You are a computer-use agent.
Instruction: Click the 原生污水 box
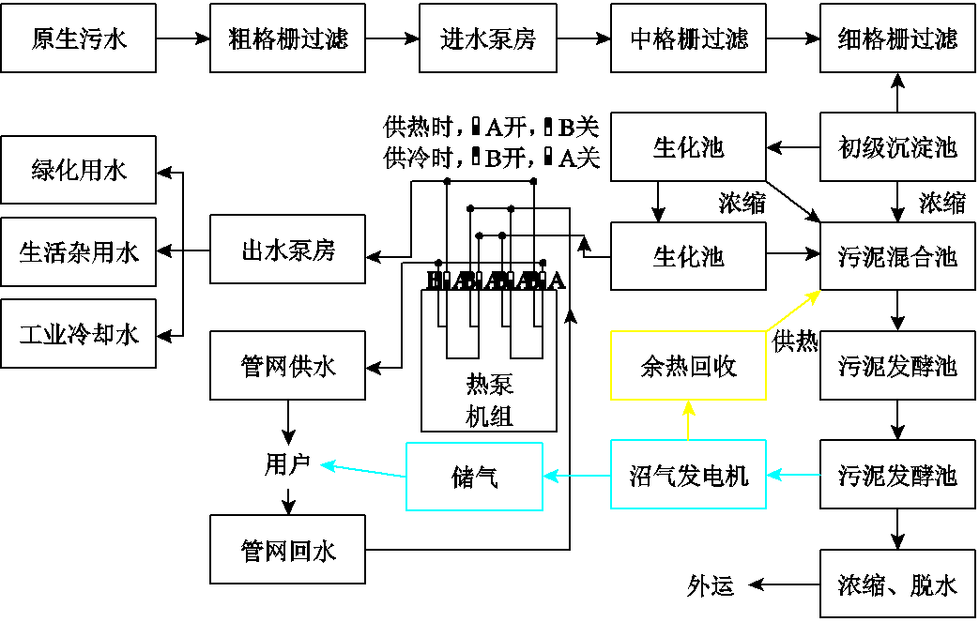(78, 38)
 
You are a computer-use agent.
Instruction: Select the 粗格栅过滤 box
(287, 38)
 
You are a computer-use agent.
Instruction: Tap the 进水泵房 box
(487, 38)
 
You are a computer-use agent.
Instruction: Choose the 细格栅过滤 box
(897, 38)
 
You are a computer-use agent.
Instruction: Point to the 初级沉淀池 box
(897, 146)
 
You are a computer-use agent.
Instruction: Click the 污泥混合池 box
(897, 255)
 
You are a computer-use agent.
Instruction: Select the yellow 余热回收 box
(688, 366)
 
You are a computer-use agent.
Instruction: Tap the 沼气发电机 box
(688, 476)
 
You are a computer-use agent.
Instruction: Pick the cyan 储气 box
(474, 477)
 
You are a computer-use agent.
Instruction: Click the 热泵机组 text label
(489, 401)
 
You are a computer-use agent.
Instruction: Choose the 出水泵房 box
(287, 250)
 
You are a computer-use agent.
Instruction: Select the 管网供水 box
(287, 366)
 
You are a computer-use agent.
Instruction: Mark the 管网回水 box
(287, 550)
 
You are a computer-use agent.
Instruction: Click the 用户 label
(287, 464)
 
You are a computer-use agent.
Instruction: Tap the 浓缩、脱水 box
(897, 585)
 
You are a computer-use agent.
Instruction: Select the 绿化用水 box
(78, 171)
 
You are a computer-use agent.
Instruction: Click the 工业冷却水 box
(78, 333)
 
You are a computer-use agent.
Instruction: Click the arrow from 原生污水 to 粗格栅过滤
(183, 38)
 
